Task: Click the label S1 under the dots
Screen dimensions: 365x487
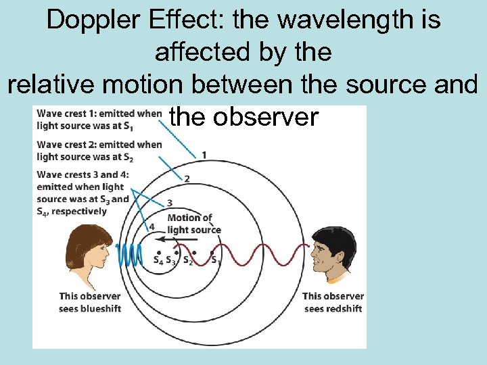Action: coord(215,260)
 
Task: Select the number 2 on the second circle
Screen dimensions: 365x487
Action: coord(187,178)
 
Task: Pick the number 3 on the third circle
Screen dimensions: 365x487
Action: coord(169,203)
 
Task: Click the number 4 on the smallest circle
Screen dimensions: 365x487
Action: coord(152,226)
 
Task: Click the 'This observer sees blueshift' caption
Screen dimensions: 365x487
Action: coord(90,302)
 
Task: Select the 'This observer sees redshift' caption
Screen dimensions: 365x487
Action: coord(333,302)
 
